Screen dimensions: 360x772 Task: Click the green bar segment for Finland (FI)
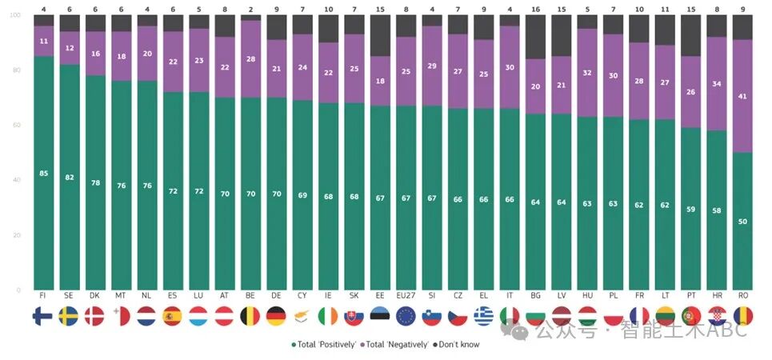[44, 200]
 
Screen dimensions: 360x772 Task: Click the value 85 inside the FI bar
[44, 173]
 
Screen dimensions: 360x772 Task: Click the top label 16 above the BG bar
[535, 8]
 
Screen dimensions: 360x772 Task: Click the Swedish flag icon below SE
[70, 316]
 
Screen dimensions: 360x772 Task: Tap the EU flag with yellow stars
[406, 316]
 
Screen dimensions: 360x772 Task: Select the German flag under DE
[276, 316]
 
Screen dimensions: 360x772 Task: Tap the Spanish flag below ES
[173, 316]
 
